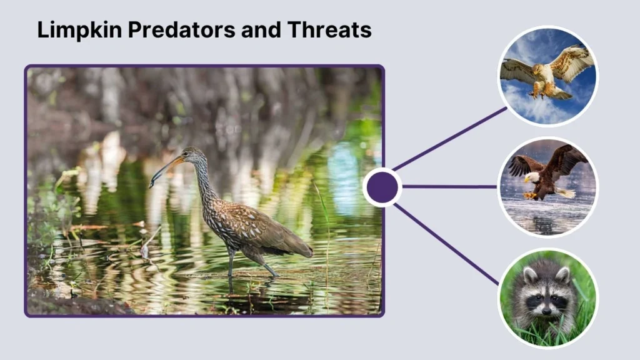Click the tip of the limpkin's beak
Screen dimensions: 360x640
tap(151, 185)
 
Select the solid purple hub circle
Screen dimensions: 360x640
tap(382, 187)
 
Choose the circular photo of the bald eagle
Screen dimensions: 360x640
tap(548, 187)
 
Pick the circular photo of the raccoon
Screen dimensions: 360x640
tap(548, 297)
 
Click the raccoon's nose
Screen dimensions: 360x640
tap(546, 311)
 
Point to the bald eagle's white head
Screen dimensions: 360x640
tap(531, 177)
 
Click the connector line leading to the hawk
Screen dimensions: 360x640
tap(450, 139)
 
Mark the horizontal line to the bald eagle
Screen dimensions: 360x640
tap(450, 186)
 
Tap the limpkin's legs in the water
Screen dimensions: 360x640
tap(232, 262)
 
